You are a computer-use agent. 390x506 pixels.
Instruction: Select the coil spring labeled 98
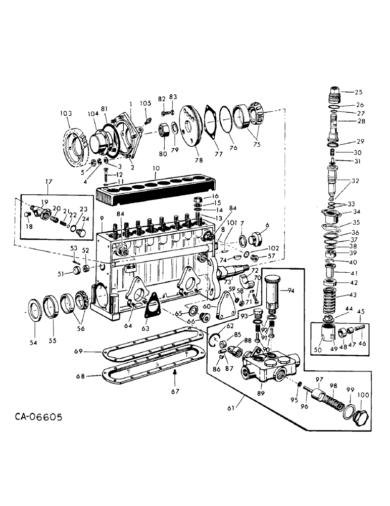click(331, 404)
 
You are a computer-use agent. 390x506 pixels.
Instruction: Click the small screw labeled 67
click(173, 372)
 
